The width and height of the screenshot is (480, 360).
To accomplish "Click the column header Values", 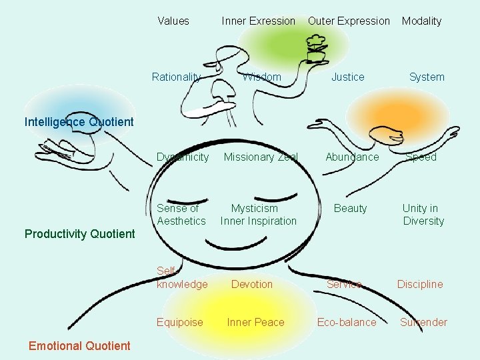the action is [x=173, y=21].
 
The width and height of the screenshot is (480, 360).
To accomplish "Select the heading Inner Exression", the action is [x=258, y=21].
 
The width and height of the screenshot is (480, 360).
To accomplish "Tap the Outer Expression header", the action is [x=349, y=21].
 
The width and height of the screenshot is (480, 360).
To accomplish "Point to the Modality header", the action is [x=421, y=21].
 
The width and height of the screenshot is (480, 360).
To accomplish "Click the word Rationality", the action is [x=176, y=77].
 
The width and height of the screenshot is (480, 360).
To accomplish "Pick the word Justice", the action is [x=348, y=77].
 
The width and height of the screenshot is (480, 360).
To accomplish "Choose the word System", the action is [x=427, y=77].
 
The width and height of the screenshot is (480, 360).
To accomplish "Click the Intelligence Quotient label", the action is [x=79, y=122].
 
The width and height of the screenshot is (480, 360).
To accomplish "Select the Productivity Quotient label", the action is [x=79, y=233].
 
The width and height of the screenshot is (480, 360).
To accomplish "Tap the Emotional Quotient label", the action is [x=79, y=345].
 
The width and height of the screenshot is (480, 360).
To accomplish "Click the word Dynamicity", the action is [x=183, y=157].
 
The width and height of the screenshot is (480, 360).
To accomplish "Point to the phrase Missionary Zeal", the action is [x=261, y=157].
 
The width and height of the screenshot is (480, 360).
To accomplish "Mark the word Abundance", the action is [x=352, y=157].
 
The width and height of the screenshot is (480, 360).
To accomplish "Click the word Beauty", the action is [x=351, y=209].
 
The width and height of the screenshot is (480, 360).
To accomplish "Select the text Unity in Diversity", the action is [x=422, y=215].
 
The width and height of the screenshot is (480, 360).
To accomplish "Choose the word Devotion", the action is [x=252, y=284].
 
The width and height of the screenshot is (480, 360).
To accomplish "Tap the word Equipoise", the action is [x=180, y=322].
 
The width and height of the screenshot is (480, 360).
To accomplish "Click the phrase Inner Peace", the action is [x=255, y=322].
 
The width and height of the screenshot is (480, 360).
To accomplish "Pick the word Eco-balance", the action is [x=347, y=322].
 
